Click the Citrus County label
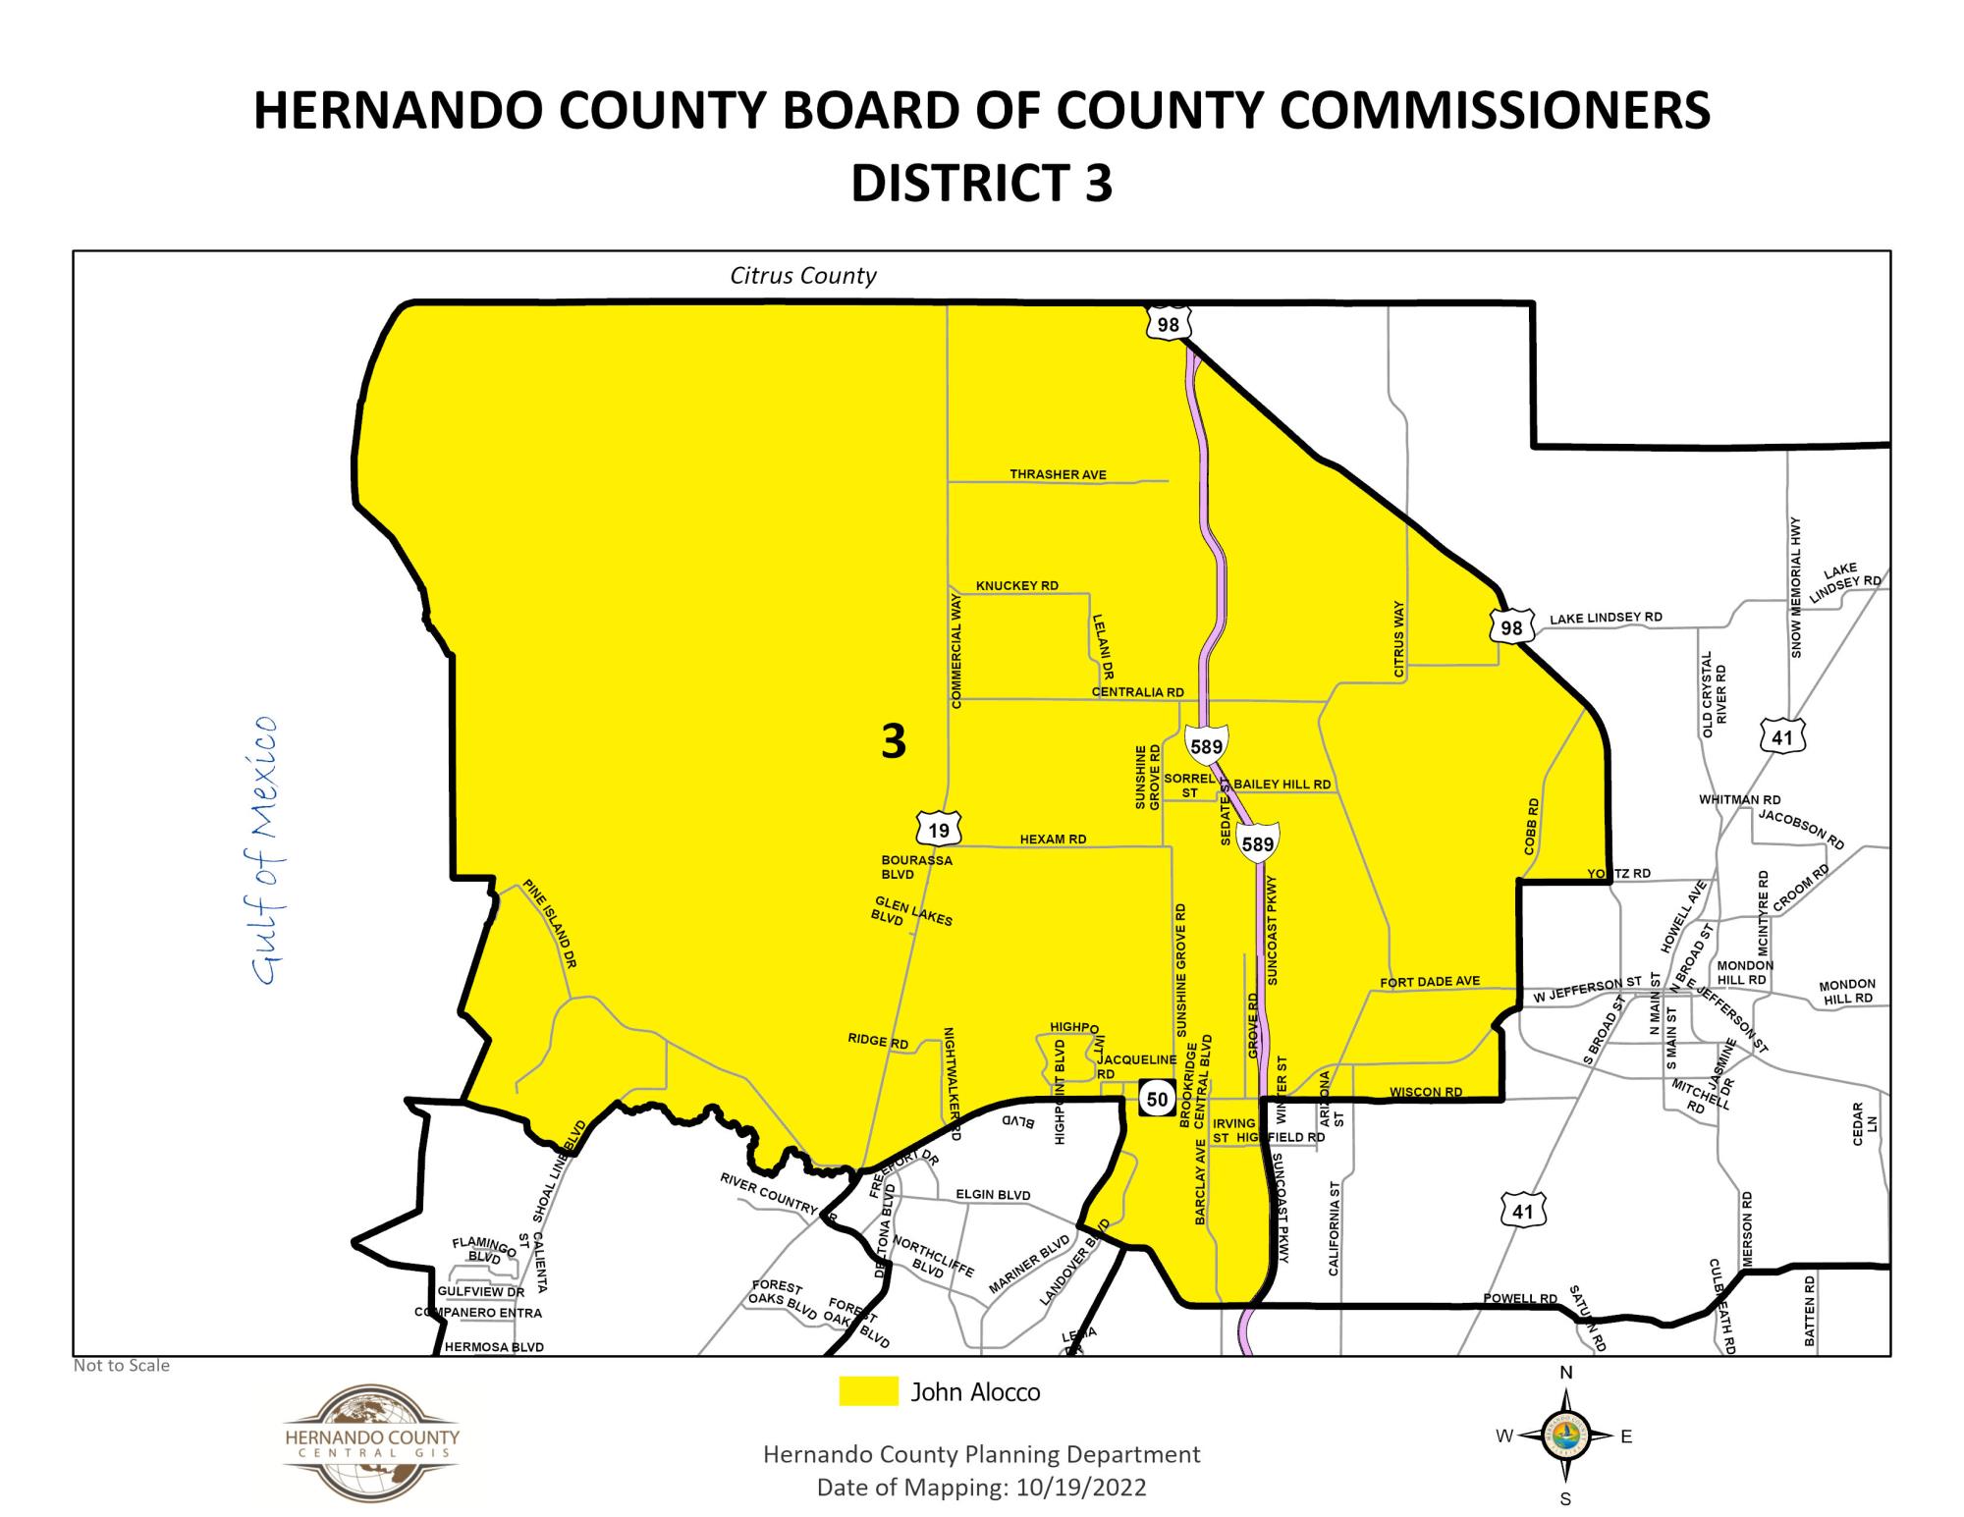[x=802, y=276]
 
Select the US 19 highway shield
[x=939, y=831]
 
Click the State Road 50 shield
[x=1158, y=1099]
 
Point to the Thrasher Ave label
[x=1058, y=474]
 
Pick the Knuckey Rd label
[x=1016, y=586]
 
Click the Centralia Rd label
[x=1137, y=692]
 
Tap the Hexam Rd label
[x=1053, y=840]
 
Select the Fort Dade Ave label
[x=1429, y=982]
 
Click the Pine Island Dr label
[x=549, y=924]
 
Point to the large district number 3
[x=893, y=741]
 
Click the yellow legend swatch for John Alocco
[x=868, y=1391]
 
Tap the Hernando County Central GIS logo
[x=370, y=1441]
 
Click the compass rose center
[x=1565, y=1436]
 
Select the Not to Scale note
[x=122, y=1366]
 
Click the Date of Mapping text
[x=981, y=1488]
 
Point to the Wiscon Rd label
[x=1425, y=1092]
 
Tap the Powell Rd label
[x=1519, y=1299]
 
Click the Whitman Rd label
[x=1739, y=800]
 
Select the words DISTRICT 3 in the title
[x=981, y=183]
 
